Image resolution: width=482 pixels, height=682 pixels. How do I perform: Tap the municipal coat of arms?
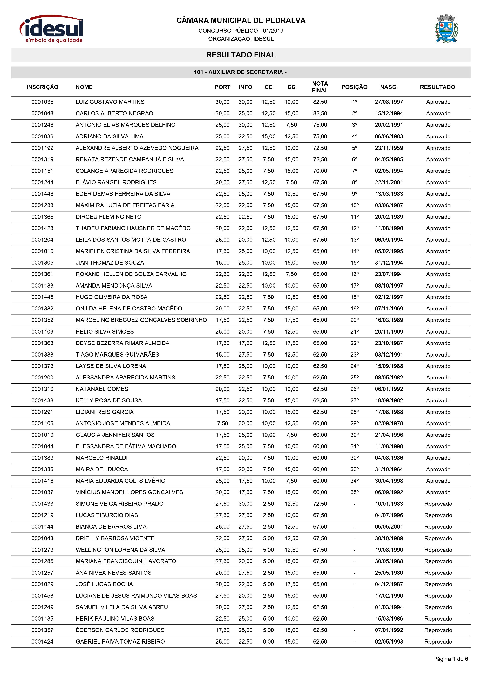coord(446,29)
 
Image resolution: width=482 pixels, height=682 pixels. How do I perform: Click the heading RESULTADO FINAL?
coord(241,55)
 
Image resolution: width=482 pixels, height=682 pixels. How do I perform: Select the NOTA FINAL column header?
coord(320,87)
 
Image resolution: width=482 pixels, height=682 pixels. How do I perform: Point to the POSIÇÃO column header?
coord(354,87)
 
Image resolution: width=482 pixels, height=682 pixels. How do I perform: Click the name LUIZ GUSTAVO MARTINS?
coord(110,102)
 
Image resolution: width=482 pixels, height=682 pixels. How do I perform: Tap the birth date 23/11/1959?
coord(389,148)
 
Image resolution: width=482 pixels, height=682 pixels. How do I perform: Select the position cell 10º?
coord(354,205)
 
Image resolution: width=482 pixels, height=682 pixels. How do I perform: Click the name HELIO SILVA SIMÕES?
coord(105,331)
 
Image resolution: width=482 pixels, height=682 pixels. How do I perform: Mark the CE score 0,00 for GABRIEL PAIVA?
coord(268,642)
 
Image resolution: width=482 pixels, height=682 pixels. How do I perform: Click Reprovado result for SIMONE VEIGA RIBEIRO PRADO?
coord(438,504)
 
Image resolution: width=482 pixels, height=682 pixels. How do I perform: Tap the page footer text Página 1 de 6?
coord(450,665)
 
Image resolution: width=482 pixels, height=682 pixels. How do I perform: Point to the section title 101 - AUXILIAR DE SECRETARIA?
coord(240,72)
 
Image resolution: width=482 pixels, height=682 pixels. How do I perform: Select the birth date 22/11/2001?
coord(389,182)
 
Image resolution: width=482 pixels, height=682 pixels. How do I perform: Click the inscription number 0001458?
coord(42,595)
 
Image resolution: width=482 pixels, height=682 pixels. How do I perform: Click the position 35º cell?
coord(354,492)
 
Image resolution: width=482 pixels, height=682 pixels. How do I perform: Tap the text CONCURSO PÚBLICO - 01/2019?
coord(241,31)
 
